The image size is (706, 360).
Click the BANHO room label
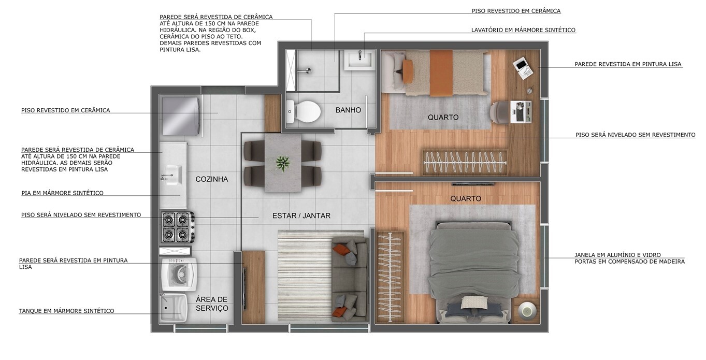(x=348, y=110)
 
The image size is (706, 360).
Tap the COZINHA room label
(x=211, y=179)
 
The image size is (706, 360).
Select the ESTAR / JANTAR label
(x=301, y=215)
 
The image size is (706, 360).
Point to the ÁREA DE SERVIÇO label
(x=212, y=304)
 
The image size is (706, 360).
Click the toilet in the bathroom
(x=304, y=111)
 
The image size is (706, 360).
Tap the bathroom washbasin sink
(x=359, y=60)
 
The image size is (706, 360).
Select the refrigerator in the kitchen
(x=181, y=116)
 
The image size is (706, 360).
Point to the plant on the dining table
(x=282, y=163)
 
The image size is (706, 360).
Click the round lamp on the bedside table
(x=527, y=310)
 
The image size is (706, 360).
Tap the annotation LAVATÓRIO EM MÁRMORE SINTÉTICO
(x=523, y=30)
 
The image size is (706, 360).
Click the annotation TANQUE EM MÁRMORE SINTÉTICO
(x=66, y=311)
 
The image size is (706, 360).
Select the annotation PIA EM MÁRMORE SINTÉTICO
(x=62, y=193)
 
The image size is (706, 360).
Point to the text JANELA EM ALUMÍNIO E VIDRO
(x=618, y=255)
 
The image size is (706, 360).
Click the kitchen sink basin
(x=172, y=176)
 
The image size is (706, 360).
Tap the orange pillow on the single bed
(x=409, y=71)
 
